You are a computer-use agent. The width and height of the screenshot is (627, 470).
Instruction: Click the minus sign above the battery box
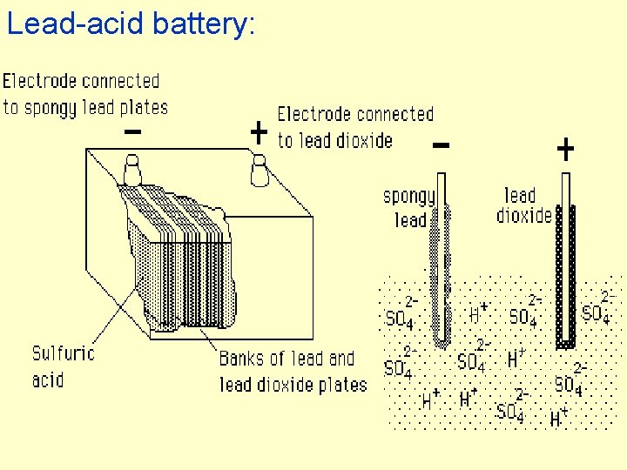pos(133,132)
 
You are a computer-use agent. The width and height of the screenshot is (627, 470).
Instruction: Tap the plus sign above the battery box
pos(258,132)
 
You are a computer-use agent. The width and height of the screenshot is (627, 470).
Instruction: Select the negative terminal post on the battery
pos(132,170)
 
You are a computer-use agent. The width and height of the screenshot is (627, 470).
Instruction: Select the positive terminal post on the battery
pos(259,170)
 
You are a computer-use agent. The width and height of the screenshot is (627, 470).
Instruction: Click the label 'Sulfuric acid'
pos(63,366)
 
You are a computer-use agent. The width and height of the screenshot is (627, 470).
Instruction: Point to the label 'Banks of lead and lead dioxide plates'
pos(293,371)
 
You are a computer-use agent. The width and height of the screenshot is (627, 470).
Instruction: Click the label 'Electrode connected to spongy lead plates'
pos(84,94)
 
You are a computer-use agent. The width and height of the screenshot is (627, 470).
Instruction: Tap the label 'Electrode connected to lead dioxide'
pos(354,127)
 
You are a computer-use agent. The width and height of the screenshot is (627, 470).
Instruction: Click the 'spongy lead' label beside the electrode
pos(408,208)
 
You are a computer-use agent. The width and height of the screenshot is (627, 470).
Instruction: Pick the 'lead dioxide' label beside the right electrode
pos(523,205)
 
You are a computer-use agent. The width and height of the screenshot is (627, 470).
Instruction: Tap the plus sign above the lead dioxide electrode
pos(565,151)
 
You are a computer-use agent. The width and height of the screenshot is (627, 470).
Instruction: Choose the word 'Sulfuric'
pos(63,353)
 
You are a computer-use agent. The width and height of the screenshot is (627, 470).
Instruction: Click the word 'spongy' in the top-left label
pos(50,108)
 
